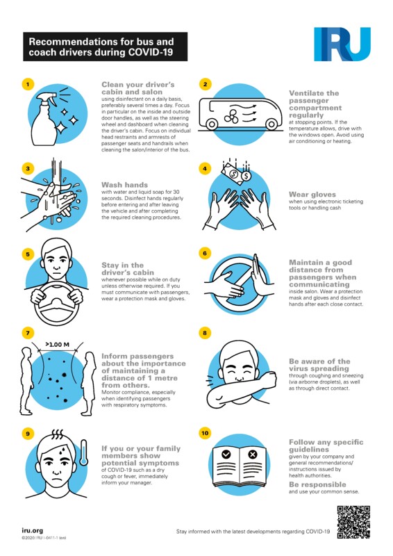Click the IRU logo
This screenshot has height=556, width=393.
click(342, 44)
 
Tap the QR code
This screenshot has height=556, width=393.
click(353, 522)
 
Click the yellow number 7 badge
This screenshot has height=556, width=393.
click(28, 333)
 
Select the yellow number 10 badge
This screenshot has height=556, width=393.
click(205, 433)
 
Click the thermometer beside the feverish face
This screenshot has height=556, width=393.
click(83, 452)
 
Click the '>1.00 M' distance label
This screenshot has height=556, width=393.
click(58, 344)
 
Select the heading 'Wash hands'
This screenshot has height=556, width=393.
click(124, 185)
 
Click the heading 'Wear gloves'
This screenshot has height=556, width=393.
click(312, 195)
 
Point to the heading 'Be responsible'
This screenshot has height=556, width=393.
click(317, 484)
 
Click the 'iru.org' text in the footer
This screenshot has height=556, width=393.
click(32, 530)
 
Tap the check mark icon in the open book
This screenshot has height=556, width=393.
click(226, 455)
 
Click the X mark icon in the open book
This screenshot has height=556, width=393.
click(253, 455)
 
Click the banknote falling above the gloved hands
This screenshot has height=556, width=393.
click(233, 172)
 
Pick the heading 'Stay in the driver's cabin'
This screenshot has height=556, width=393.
click(128, 269)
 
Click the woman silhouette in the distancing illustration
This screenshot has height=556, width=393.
click(89, 384)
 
